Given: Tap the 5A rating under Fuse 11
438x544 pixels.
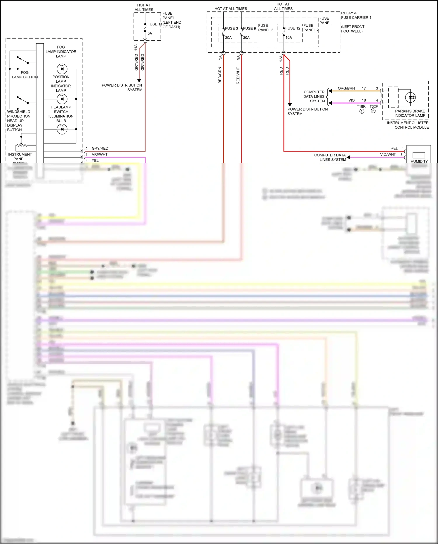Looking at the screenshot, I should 150,33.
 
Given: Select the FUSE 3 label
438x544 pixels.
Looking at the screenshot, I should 231,28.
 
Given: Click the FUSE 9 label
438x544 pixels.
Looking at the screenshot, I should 249,28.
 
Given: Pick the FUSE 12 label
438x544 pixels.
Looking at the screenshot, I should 293,28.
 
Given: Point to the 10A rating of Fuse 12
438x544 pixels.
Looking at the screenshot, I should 288,37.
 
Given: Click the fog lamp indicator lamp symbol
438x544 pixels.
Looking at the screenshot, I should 62,69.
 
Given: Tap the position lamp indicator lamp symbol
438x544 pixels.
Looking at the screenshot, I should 62,99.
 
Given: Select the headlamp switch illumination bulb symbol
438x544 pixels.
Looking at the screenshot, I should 62,129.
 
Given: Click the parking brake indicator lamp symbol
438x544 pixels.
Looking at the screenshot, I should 410,97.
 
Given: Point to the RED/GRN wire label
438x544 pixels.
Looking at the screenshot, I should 220,75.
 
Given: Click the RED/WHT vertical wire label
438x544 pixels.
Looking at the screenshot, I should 238,76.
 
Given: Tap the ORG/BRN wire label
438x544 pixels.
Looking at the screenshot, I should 346,88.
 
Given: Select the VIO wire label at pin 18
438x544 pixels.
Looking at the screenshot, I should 351,100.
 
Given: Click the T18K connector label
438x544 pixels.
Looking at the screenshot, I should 361,106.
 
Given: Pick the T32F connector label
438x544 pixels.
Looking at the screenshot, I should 373,106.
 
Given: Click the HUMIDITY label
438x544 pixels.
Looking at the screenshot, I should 419,161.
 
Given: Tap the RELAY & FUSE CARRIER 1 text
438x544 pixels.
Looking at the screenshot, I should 356,15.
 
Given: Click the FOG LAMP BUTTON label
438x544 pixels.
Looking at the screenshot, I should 25,75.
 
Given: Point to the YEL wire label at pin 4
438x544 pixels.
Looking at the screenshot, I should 95,160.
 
